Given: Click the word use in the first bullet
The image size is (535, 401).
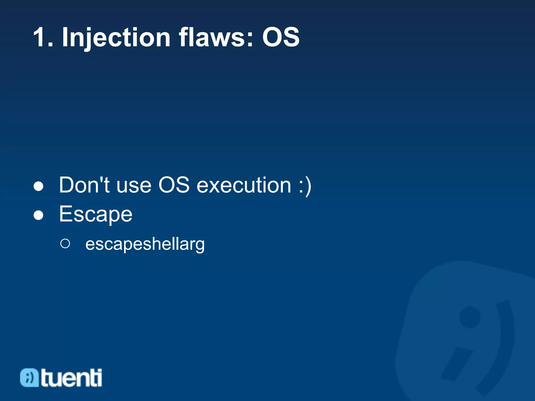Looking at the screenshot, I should point(134,185).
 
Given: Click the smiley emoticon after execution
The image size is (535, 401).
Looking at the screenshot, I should point(305,185).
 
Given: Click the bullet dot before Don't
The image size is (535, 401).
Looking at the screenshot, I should point(38,186).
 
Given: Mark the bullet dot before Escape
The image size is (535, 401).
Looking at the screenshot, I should point(38,216).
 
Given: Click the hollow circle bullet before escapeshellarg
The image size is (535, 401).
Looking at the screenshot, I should point(65,244).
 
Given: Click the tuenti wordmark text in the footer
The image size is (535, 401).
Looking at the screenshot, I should point(71,378).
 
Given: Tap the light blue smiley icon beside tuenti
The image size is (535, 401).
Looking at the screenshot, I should point(30,378).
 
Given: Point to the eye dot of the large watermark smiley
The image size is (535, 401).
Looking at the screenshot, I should point(470,317).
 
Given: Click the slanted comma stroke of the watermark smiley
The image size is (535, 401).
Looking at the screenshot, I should point(456,364).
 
